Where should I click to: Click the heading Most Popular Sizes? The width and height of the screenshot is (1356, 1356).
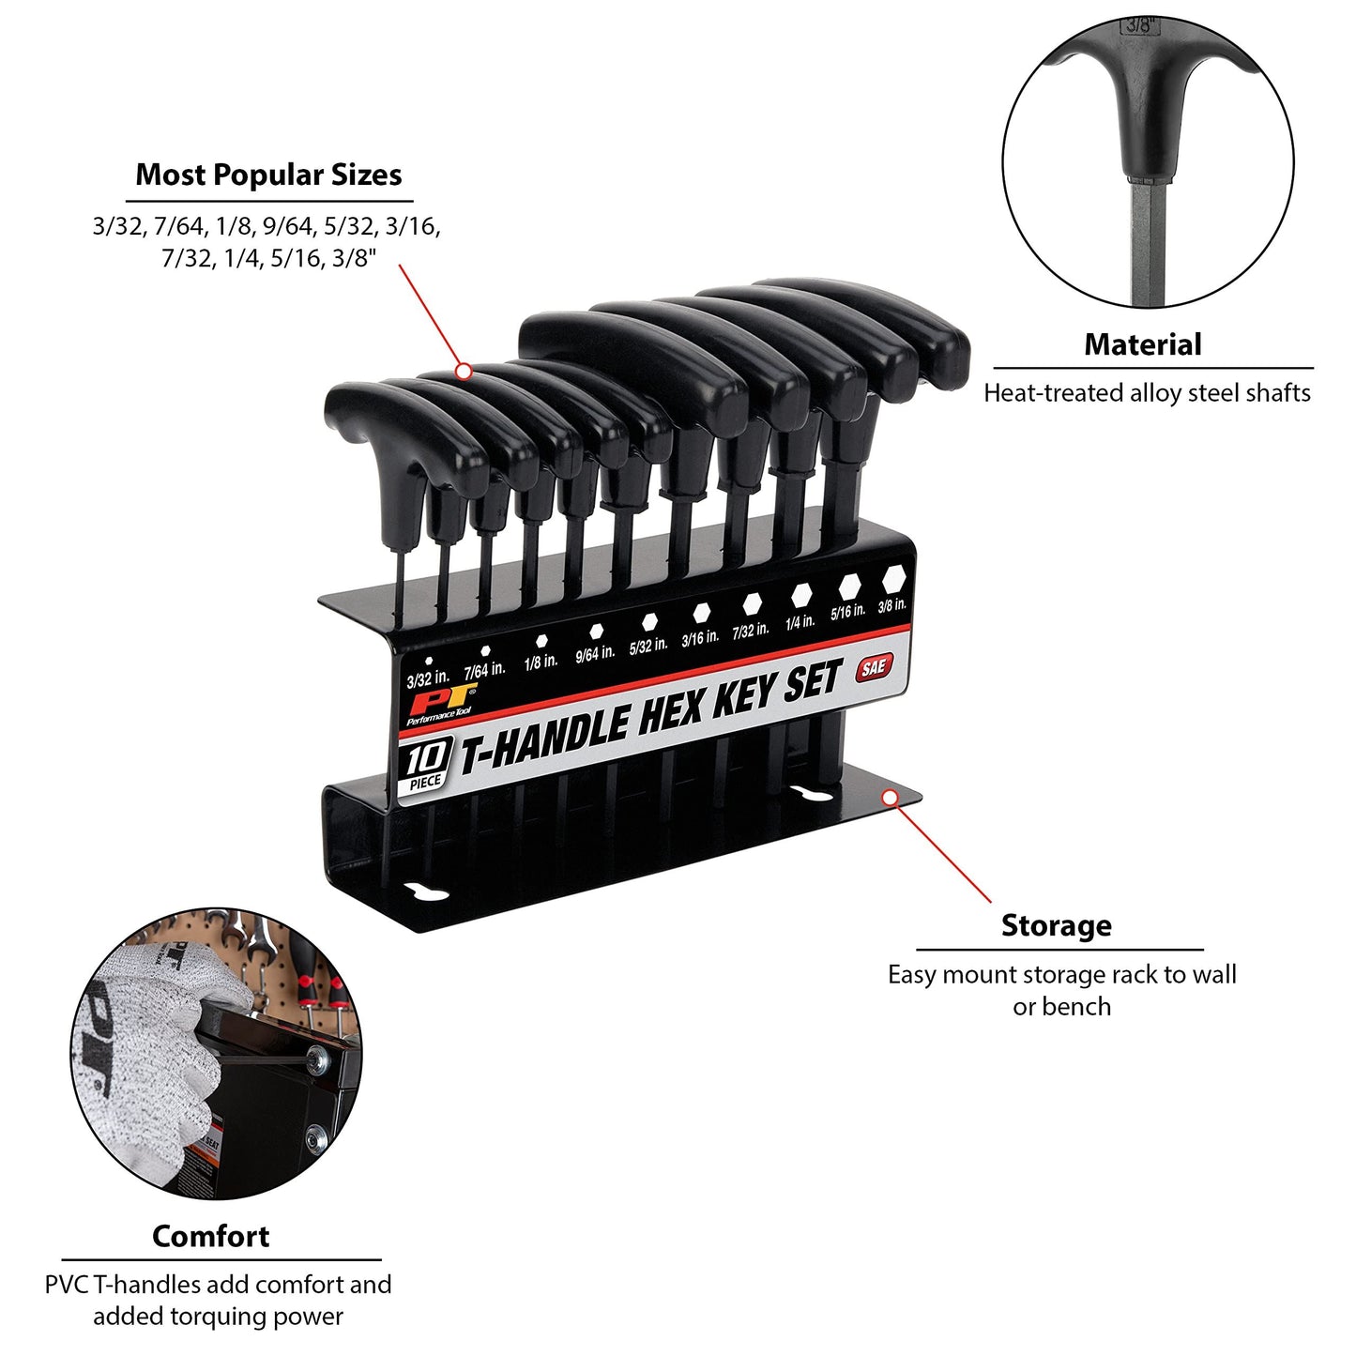(x=268, y=175)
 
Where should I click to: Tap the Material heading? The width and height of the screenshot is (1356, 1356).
(x=1143, y=344)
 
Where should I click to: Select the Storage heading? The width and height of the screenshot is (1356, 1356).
(x=1057, y=925)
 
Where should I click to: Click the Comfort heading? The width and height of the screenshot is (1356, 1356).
(x=210, y=1236)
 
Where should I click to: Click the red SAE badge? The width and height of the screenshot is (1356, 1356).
(x=874, y=666)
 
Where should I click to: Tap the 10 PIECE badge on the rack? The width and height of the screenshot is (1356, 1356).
(x=425, y=767)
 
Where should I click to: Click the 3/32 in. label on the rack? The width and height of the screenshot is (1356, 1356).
(x=428, y=679)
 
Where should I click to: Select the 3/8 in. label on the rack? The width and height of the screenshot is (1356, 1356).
(x=891, y=604)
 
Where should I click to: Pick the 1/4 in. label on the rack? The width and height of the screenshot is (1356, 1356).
(x=800, y=621)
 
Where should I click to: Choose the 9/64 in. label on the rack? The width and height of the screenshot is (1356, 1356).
(x=595, y=653)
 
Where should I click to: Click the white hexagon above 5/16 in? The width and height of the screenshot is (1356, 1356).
(x=849, y=585)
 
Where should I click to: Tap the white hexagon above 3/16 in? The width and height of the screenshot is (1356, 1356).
(x=701, y=613)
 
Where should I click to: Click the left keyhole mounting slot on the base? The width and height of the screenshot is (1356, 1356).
(x=425, y=892)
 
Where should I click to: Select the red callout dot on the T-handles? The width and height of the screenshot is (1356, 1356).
(x=464, y=371)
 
